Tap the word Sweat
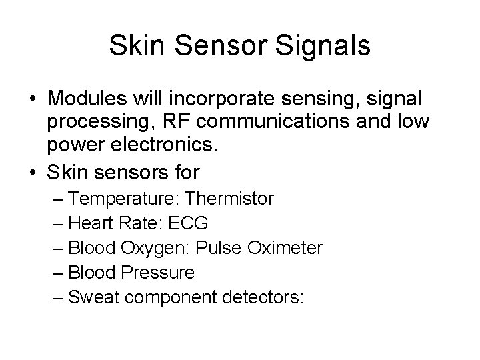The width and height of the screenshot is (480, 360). point(95,297)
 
